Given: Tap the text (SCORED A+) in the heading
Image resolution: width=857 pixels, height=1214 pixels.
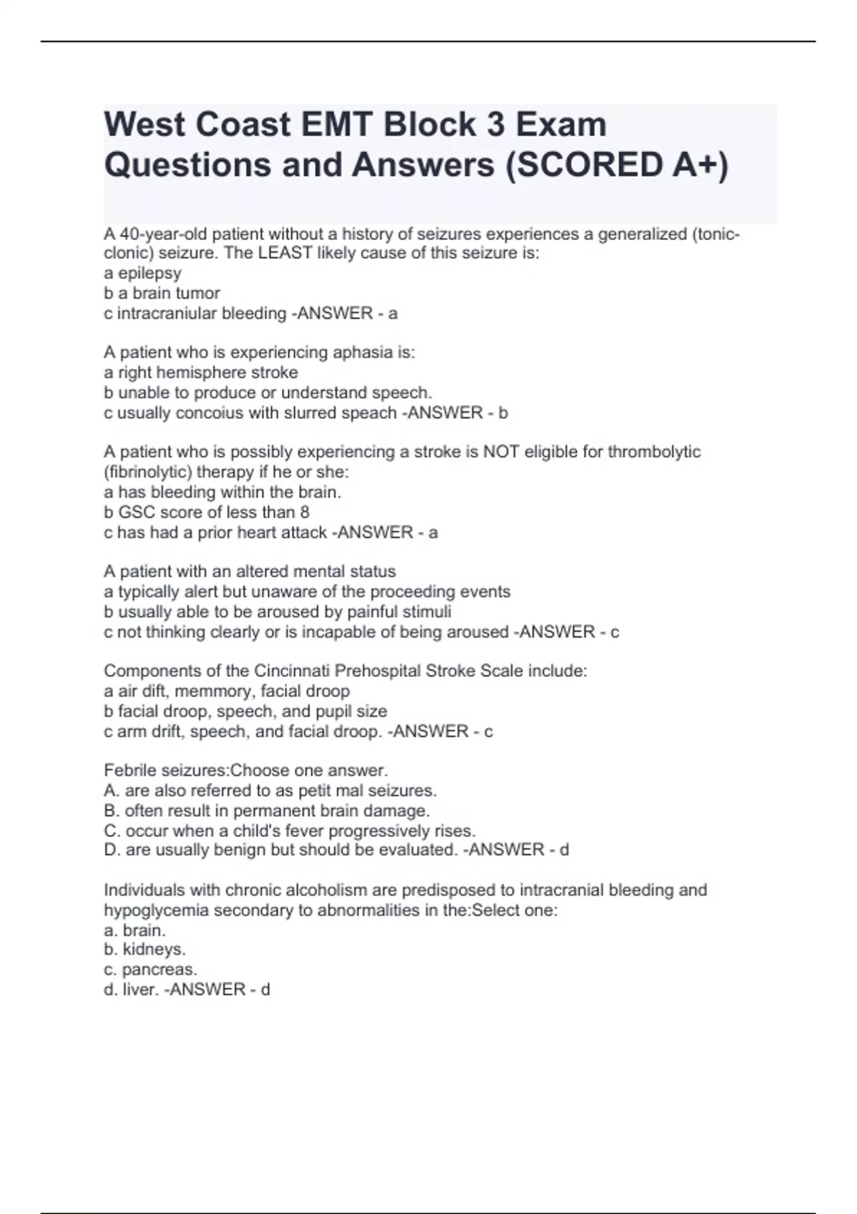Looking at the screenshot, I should click(x=616, y=165).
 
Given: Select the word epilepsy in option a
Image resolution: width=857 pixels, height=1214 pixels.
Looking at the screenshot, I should click(x=149, y=273).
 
